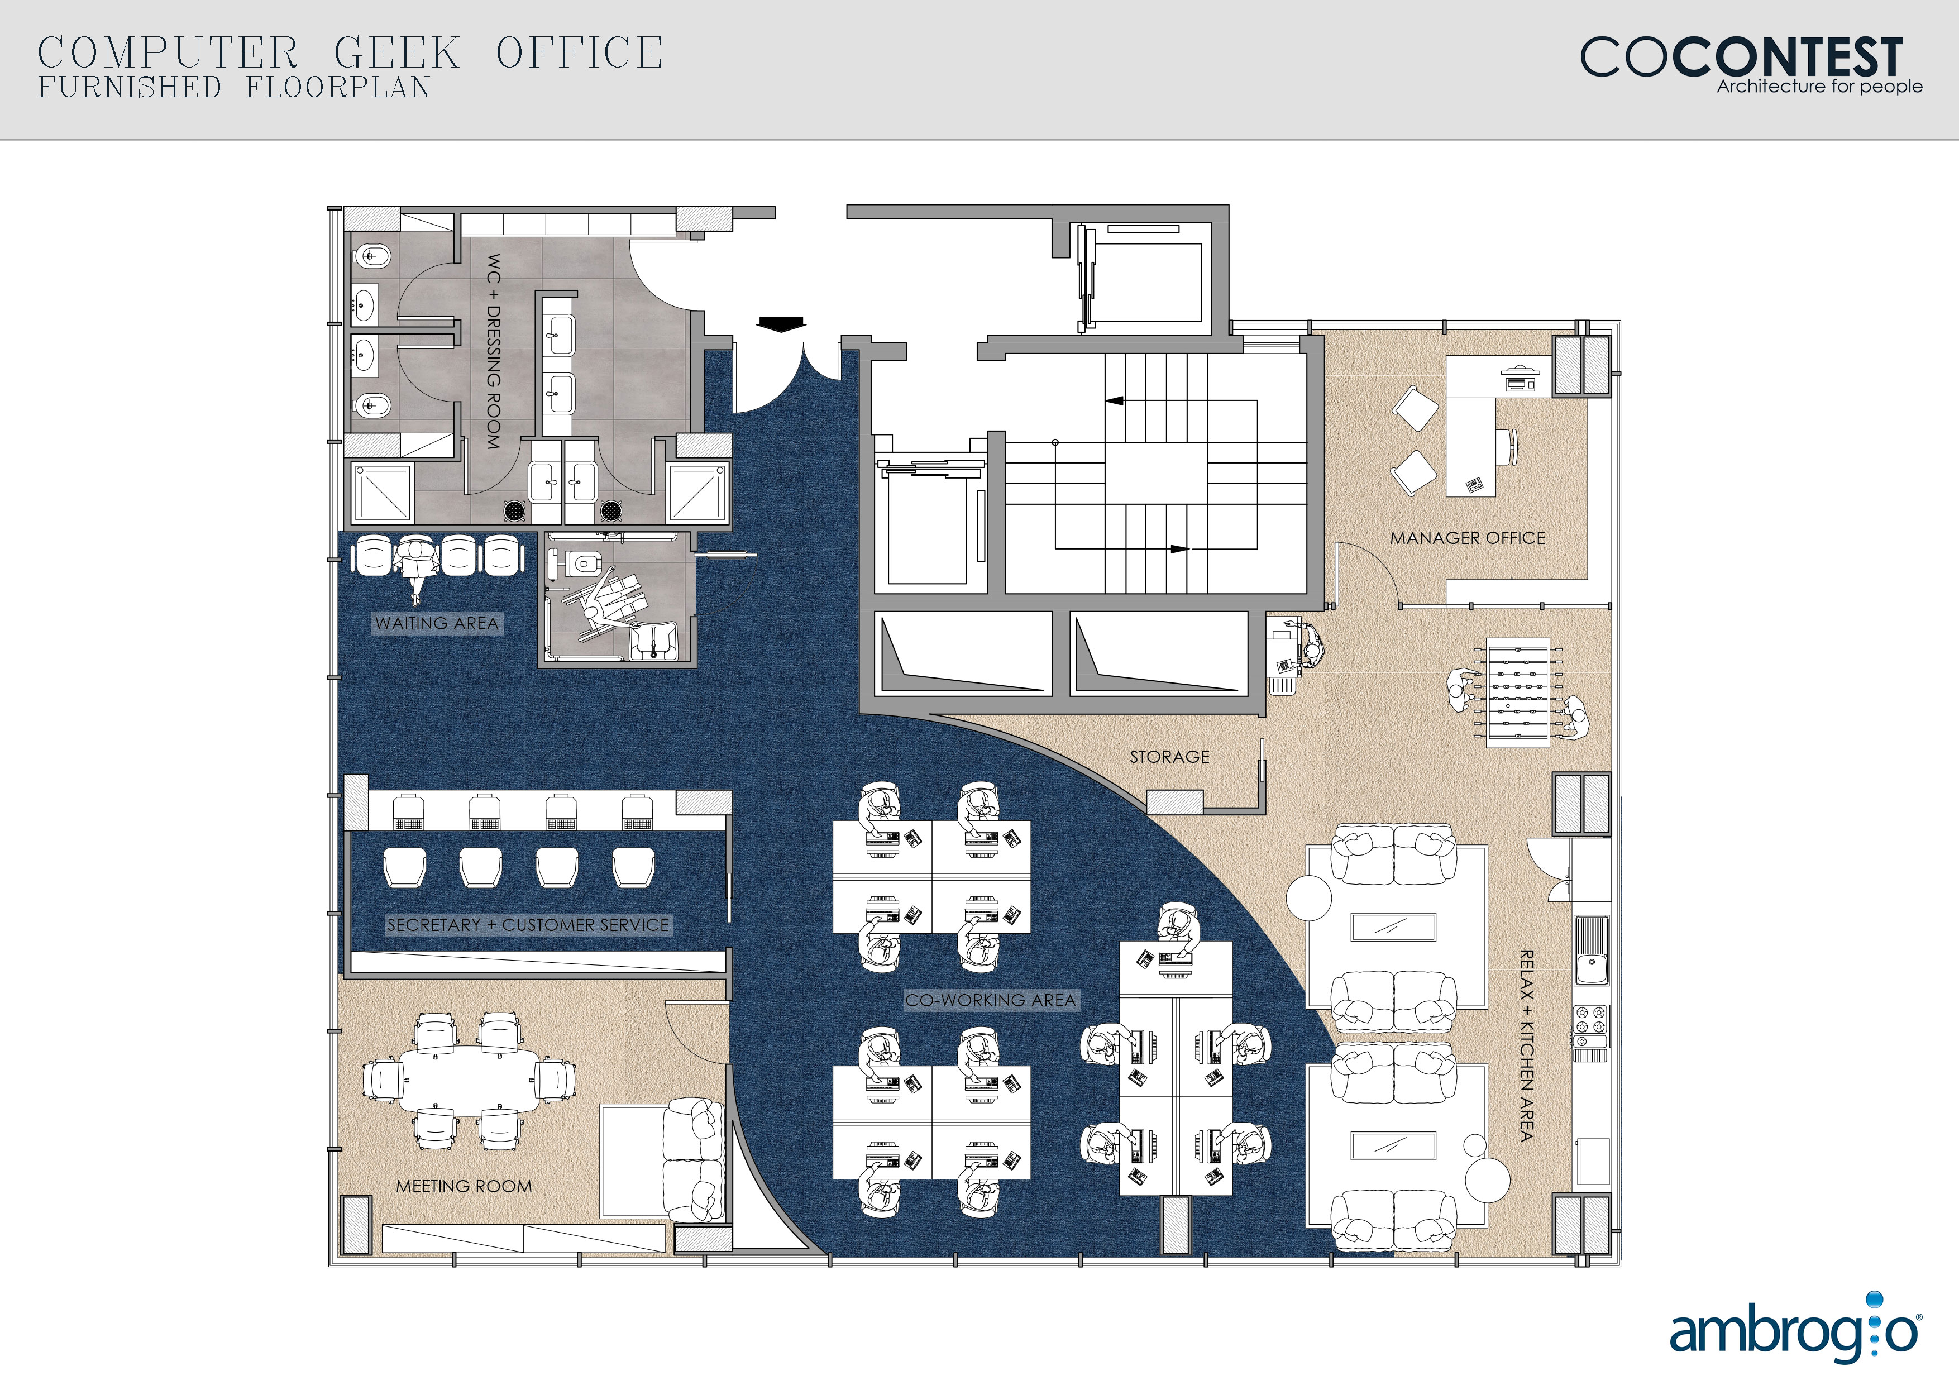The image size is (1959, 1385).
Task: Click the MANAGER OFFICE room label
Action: (1468, 538)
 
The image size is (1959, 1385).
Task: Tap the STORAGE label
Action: (1170, 757)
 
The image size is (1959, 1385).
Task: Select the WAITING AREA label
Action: (436, 624)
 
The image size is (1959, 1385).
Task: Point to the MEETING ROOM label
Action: (464, 1186)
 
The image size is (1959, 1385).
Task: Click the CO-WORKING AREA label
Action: (991, 1000)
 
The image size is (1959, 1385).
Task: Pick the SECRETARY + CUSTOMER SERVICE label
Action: (528, 925)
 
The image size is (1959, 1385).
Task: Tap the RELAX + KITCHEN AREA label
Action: (1527, 1045)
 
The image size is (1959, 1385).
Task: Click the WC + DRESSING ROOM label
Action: (493, 352)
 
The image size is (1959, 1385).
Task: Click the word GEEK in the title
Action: (396, 53)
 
